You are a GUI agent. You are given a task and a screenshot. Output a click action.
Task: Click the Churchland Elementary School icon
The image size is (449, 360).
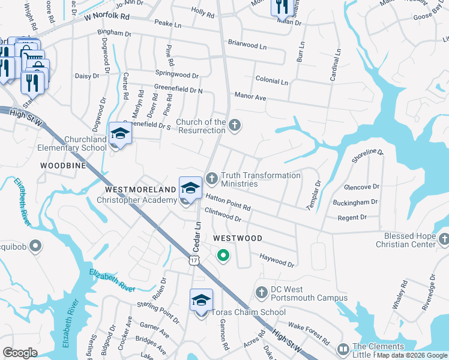pos(120,134)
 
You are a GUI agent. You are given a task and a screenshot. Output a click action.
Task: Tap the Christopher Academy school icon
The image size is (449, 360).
pos(190,188)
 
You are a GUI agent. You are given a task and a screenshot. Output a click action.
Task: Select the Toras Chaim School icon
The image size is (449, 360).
pos(201,301)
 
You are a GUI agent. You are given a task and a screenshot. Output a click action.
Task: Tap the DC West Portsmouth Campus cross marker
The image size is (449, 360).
pos(261,293)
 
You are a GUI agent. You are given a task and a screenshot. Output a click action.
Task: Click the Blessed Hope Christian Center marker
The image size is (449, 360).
pos(444,239)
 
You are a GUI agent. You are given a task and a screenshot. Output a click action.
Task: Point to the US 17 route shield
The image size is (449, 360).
pos(193,259)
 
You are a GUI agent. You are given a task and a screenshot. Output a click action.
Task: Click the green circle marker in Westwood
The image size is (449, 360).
pos(223,256)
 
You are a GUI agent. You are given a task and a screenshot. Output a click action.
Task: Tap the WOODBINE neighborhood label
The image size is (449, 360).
pos(63,164)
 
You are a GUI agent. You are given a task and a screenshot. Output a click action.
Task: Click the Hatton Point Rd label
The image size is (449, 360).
pos(228,202)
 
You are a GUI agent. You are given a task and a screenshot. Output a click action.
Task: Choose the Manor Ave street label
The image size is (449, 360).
pos(250,96)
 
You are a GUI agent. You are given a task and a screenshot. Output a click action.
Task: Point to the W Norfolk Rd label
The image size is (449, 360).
pos(106,17)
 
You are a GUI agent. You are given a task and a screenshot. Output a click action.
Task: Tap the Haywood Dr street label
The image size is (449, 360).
pos(277,260)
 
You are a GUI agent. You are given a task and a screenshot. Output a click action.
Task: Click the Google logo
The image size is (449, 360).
pos(20,353)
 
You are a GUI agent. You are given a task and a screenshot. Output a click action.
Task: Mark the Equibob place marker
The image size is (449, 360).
pos(35,245)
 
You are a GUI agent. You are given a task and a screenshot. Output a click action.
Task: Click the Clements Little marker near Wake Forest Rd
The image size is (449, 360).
pos(343,349)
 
